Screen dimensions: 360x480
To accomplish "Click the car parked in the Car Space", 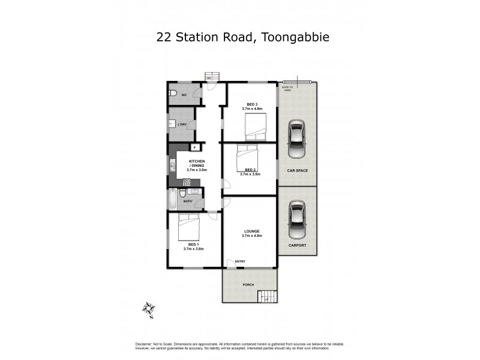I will (x=296, y=140).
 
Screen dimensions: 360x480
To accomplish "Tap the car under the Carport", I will (x=296, y=219).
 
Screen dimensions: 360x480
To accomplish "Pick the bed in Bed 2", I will (x=248, y=155).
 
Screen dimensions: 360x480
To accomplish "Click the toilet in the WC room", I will (x=172, y=94).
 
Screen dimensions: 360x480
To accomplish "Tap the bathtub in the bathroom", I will (x=173, y=199).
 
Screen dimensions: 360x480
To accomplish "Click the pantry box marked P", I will (x=194, y=147).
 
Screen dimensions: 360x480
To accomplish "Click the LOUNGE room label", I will (x=251, y=231).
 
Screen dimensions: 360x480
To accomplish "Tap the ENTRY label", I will (x=240, y=261).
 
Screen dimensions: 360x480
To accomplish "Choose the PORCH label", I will (x=248, y=284).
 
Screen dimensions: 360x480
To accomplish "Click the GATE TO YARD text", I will (x=287, y=88).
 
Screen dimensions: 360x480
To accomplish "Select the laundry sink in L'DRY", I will (x=172, y=124).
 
